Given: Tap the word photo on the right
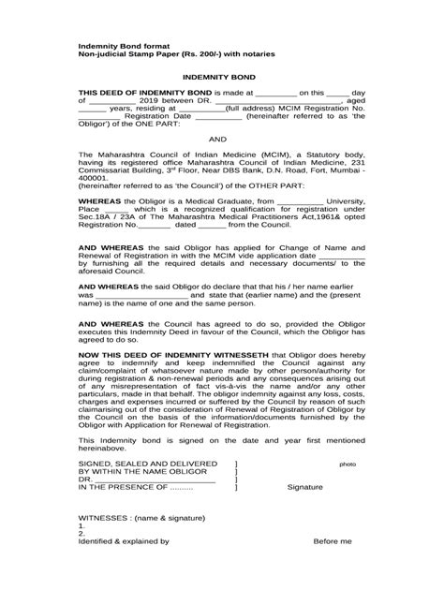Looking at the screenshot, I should (x=348, y=489).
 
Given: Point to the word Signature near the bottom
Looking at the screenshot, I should (x=305, y=513).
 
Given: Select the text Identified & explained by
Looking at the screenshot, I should (x=124, y=568).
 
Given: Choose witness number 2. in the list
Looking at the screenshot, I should (x=81, y=560).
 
